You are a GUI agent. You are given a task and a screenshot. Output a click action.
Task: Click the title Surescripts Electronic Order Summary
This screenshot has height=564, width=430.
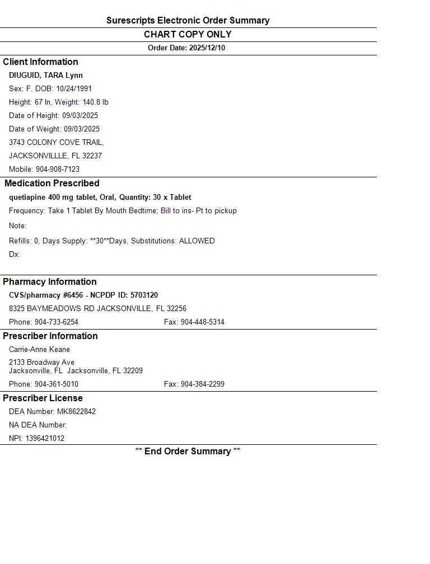pyautogui.click(x=188, y=21)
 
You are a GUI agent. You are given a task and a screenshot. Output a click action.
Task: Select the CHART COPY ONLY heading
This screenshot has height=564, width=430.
pyautogui.click(x=188, y=34)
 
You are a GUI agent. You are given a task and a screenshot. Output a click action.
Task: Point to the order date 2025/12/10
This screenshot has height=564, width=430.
pyautogui.click(x=207, y=48)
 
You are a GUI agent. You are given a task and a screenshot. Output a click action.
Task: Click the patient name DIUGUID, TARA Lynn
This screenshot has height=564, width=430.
pyautogui.click(x=46, y=75)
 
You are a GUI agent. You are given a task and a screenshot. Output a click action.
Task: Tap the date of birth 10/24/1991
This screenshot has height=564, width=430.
pyautogui.click(x=74, y=88)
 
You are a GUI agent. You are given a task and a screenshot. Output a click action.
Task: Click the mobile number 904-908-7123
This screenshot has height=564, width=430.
pyautogui.click(x=58, y=169)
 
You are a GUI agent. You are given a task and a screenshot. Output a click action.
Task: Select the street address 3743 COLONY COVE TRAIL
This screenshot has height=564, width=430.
pyautogui.click(x=56, y=142)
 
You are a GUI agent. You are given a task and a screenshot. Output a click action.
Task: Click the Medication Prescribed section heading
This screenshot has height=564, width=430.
pyautogui.click(x=52, y=183)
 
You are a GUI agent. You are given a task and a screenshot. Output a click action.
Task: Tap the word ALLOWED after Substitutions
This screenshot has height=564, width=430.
pyautogui.click(x=197, y=241)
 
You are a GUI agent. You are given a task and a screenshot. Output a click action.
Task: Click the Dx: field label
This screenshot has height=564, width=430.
pyautogui.click(x=15, y=254)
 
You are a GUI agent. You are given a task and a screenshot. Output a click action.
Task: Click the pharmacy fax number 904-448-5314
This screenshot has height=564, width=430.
pyautogui.click(x=202, y=322)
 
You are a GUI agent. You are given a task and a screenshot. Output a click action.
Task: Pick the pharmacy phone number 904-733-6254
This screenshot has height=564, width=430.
pyautogui.click(x=57, y=322)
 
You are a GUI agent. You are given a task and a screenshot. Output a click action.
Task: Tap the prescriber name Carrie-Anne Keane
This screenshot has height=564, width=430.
pyautogui.click(x=39, y=349)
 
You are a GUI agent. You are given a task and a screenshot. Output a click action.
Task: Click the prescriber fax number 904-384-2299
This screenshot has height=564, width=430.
pyautogui.click(x=202, y=384)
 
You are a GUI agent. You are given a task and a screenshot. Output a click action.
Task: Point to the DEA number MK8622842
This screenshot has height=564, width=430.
pyautogui.click(x=76, y=411)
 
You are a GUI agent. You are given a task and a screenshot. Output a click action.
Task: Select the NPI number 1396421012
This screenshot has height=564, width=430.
pyautogui.click(x=45, y=438)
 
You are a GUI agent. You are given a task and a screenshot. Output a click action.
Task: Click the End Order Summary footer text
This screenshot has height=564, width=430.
pyautogui.click(x=188, y=451)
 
